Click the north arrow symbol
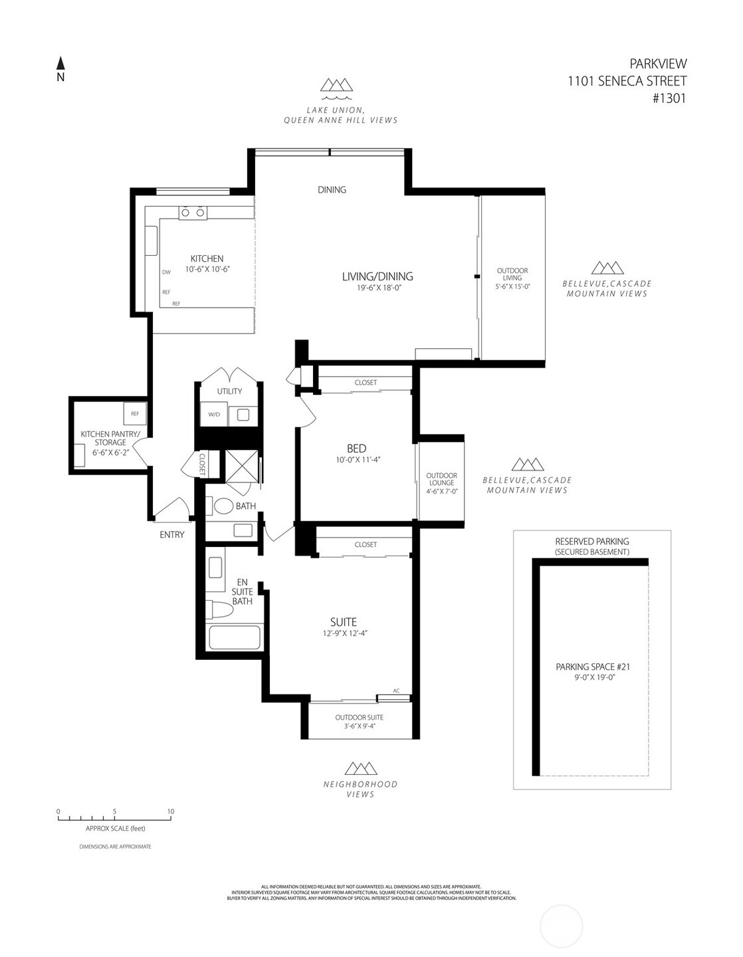(x=60, y=64)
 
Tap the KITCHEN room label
(x=207, y=259)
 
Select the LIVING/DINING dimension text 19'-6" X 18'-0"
(x=377, y=288)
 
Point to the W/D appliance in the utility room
(x=214, y=414)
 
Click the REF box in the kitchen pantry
(x=135, y=413)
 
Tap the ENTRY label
(x=172, y=534)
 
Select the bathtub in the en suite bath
(x=234, y=637)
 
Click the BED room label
(x=356, y=449)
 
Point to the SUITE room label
(x=344, y=622)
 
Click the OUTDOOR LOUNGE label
(x=441, y=479)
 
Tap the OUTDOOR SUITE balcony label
(x=359, y=718)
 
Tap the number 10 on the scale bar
(x=171, y=811)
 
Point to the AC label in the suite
(x=397, y=690)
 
